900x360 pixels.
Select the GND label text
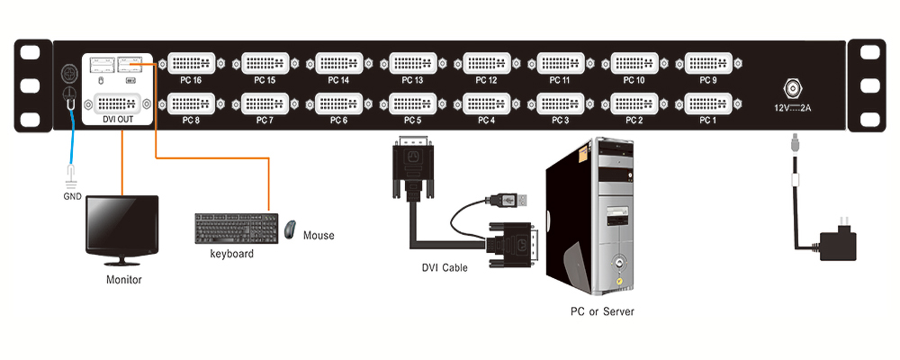click(72, 193)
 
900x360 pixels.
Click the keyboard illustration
click(236, 228)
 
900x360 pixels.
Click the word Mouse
click(319, 236)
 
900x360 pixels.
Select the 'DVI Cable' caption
click(445, 267)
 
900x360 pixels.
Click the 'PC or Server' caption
click(602, 311)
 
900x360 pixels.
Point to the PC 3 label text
click(561, 120)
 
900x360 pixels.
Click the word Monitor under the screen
click(123, 280)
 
